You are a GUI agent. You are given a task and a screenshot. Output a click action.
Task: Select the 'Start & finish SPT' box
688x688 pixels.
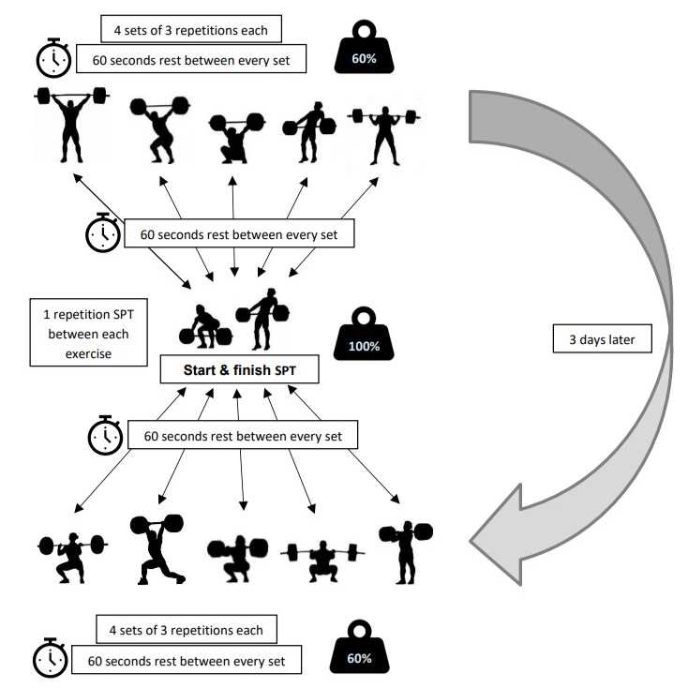pyautogui.click(x=239, y=369)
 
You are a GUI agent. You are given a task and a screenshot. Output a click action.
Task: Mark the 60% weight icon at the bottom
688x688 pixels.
pyautogui.click(x=358, y=651)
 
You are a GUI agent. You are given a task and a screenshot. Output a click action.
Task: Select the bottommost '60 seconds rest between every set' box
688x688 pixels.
pyautogui.click(x=187, y=660)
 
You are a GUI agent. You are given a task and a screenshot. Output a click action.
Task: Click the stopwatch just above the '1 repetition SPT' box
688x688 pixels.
pyautogui.click(x=102, y=233)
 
